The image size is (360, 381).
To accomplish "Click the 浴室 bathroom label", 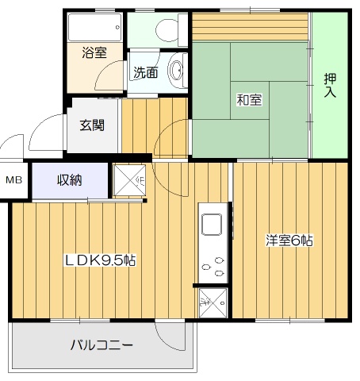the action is click(x=94, y=52).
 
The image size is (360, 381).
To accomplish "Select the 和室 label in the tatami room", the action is click(x=249, y=100).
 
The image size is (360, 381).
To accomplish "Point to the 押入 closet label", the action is click(x=330, y=85).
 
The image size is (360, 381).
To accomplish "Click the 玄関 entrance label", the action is click(x=92, y=125).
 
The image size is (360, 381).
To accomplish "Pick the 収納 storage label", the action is click(x=70, y=180).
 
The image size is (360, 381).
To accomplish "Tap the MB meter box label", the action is click(x=13, y=180).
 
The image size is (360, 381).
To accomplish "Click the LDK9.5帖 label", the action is click(x=101, y=260).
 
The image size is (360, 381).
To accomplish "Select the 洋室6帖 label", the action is click(x=289, y=241).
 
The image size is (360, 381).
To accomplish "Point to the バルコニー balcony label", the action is click(x=101, y=345).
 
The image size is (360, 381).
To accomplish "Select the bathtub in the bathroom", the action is click(x=95, y=27).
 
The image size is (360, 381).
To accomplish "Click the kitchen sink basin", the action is click(x=212, y=225).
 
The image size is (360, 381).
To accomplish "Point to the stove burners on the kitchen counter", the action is click(x=213, y=267).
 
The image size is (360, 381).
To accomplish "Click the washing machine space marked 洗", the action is click(x=213, y=303).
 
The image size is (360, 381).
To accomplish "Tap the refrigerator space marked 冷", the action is click(x=129, y=180).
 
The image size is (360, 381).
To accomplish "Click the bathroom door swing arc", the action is click(x=106, y=75).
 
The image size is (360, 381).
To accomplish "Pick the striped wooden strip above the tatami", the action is click(x=250, y=26).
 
